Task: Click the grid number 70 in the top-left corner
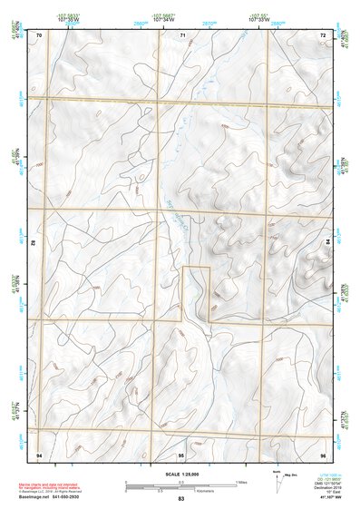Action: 39,34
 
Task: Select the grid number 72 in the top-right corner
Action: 322,34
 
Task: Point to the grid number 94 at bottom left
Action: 39,453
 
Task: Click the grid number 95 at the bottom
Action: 180,453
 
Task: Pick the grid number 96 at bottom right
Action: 322,453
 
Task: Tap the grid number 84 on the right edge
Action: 328,242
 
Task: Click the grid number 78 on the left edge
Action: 34,243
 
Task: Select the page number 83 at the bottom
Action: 180,499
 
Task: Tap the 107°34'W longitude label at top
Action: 164,18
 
